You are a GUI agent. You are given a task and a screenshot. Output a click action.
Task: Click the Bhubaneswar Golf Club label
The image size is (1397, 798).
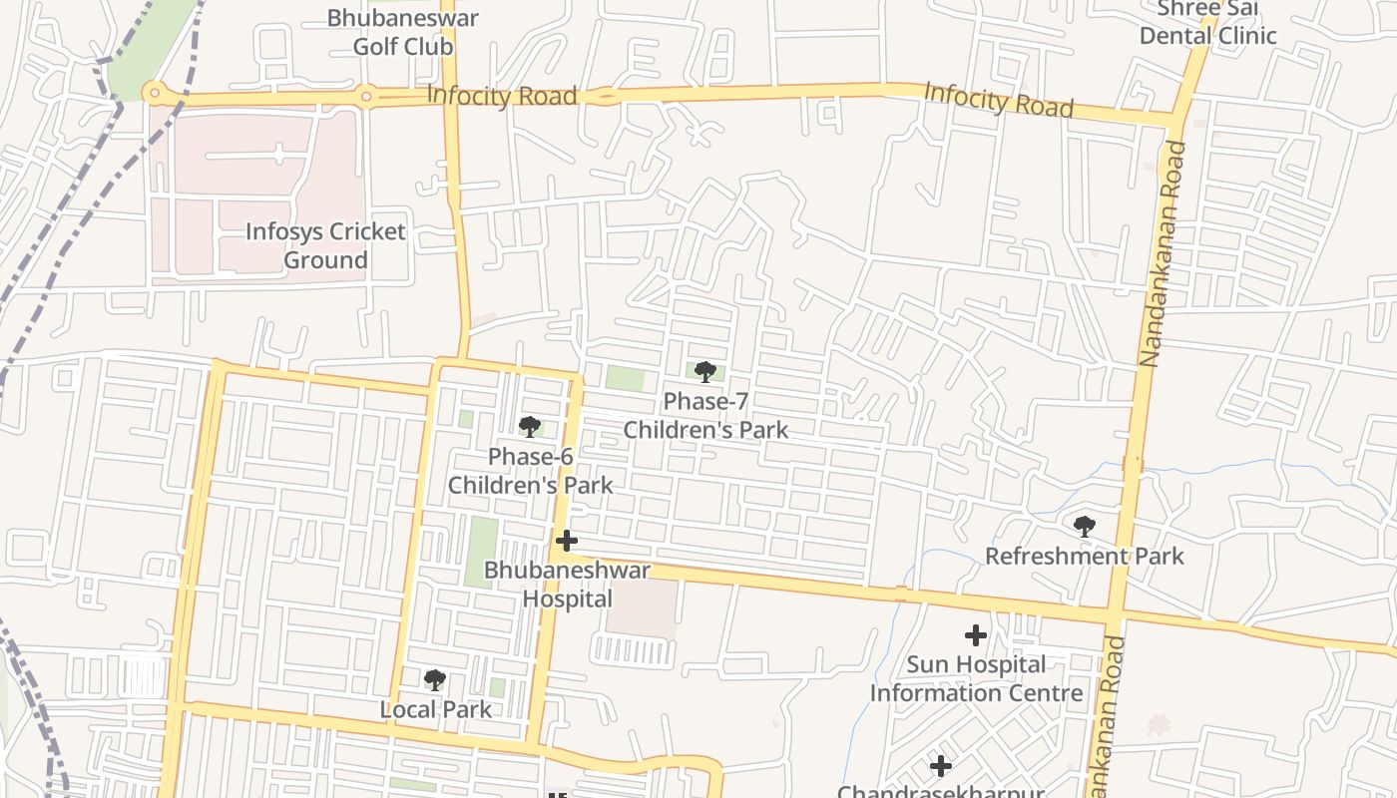(403, 32)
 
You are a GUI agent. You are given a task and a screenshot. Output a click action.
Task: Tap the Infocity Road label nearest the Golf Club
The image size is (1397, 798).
(502, 96)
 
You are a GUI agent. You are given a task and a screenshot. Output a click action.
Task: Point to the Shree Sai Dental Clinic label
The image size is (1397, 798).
(1207, 22)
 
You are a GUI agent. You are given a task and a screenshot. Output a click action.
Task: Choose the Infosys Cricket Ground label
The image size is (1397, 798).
(325, 245)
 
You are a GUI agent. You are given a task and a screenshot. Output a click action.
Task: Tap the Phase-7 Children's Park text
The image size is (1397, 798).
(705, 415)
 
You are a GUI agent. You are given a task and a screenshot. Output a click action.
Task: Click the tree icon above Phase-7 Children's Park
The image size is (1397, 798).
(705, 372)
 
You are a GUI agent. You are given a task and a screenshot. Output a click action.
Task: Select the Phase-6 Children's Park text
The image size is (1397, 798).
(530, 471)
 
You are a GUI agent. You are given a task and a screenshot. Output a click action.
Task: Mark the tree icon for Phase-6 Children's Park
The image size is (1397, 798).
(530, 427)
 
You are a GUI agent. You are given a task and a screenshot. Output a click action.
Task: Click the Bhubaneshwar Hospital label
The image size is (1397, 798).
(567, 585)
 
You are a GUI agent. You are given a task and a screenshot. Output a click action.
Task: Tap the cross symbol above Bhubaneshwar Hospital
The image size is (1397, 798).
(567, 541)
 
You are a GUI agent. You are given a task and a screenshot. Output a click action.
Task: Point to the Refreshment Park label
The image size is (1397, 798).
(1084, 556)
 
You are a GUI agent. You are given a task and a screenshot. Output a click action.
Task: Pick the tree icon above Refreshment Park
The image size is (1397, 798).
(1085, 526)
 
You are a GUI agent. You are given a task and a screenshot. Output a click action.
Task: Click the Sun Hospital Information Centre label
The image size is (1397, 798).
(976, 678)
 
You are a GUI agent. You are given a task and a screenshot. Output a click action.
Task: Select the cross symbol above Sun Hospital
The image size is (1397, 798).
(976, 634)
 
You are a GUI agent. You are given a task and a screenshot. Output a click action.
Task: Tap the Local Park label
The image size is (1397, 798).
(435, 709)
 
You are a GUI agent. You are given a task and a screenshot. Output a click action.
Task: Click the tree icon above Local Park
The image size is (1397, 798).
(434, 680)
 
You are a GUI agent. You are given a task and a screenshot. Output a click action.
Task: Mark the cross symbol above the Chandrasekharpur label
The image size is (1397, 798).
(940, 766)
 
